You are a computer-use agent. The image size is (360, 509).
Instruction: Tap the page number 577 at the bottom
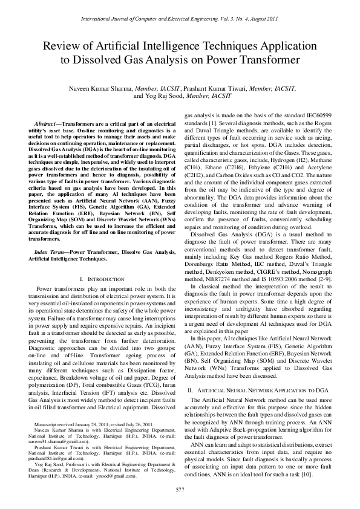tap(180, 488)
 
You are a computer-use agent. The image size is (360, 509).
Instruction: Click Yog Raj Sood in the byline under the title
tap(154, 96)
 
